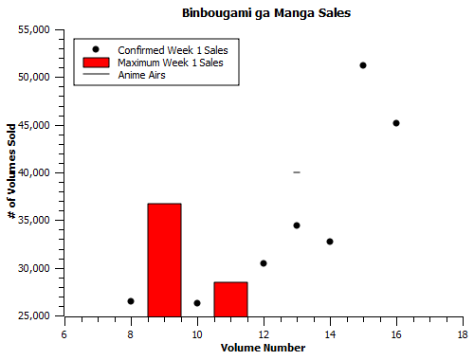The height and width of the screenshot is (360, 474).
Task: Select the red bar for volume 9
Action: pos(164,260)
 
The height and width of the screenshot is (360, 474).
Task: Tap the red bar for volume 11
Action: pos(230,298)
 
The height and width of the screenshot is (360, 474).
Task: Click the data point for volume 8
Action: pos(131,301)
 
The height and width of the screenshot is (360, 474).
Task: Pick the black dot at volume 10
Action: pos(197,303)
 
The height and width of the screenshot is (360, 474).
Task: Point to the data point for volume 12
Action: pos(264,263)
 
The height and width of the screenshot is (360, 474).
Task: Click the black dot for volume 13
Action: pos(297,225)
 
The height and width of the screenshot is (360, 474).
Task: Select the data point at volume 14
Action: pos(330,242)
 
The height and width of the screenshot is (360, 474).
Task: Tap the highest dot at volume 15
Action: pos(363,65)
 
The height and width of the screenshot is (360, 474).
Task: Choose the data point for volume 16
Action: pos(396,123)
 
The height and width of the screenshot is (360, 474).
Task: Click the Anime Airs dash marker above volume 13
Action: pos(297,172)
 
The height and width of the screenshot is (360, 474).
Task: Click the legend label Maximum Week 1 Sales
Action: pos(171,62)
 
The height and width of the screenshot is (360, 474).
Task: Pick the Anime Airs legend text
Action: pos(142,74)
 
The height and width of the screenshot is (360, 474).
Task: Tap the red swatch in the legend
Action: pos(96,62)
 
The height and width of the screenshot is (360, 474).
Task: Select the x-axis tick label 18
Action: pos(463,334)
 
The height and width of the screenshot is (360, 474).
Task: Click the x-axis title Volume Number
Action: pos(263,348)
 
